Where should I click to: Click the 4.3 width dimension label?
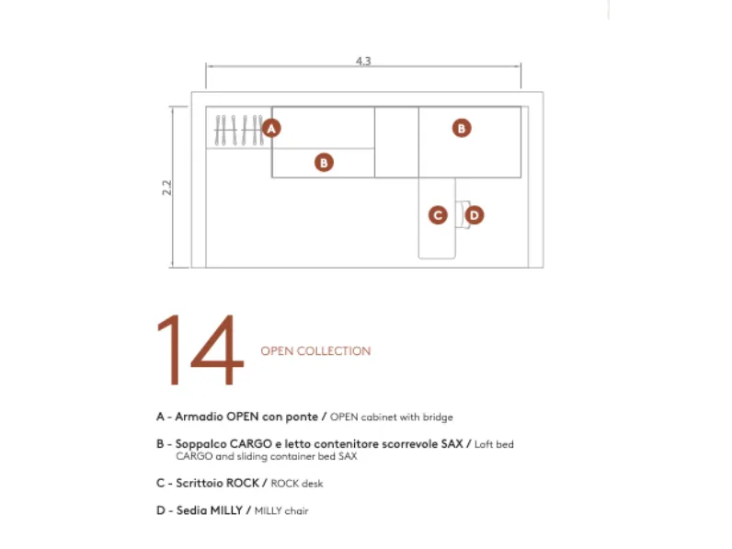coord(363,62)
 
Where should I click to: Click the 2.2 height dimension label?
coord(166,188)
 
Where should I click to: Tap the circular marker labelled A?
coord(271,128)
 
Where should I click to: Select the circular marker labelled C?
coord(438,215)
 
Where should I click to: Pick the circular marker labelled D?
coord(475,215)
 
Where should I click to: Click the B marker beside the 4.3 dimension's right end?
coord(462,128)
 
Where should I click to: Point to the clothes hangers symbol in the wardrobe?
coord(238,130)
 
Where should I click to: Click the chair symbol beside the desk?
coord(463,215)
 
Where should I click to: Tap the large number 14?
coord(200,349)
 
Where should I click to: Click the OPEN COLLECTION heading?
coord(315,351)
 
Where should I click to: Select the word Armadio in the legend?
coord(199,417)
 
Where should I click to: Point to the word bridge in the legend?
coord(438,417)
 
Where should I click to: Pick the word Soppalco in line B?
coord(200,444)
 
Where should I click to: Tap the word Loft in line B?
coord(483,444)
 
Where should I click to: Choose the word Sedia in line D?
coord(191,510)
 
